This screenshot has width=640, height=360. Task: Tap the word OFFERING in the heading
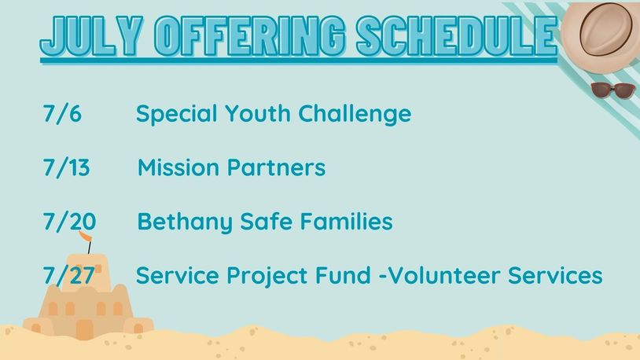pos(250,36)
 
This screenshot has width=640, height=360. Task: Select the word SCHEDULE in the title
pos(457,36)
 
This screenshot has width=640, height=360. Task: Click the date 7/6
pos(62,113)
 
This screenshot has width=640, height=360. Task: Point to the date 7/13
pos(67,167)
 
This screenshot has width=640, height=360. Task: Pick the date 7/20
pos(69,222)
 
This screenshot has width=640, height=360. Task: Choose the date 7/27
pos(69,276)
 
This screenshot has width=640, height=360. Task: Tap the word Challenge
pos(355,114)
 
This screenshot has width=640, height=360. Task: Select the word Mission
pos(178,167)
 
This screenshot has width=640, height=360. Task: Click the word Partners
pos(276,167)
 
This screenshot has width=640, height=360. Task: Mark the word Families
pos(347,221)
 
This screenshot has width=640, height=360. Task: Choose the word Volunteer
pos(443,275)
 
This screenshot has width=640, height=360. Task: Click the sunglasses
pos(612,90)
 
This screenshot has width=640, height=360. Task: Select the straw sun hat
pos(601,37)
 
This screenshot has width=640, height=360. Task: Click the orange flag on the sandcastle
pos(85,237)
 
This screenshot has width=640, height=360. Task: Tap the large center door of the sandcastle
pos(84,329)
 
